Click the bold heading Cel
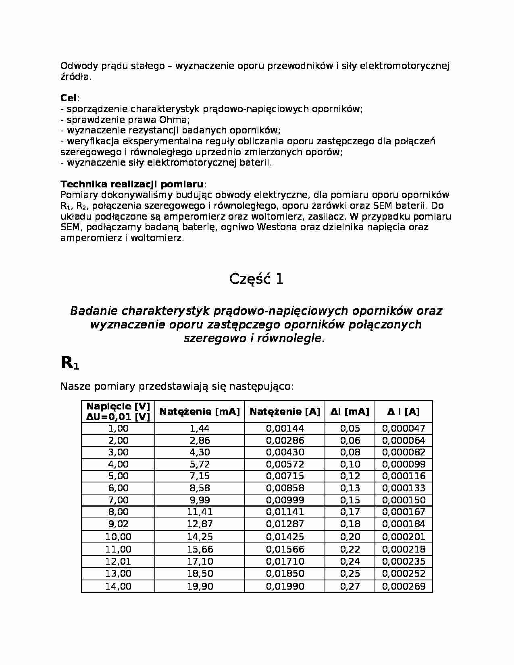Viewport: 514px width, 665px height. tap(69, 98)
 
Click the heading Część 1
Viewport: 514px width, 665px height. tap(256, 279)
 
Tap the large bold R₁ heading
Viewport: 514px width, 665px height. tap(70, 363)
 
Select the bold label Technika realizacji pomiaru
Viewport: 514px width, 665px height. tap(132, 184)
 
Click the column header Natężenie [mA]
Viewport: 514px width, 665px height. tap(200, 411)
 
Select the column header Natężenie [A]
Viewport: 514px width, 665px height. tap(285, 411)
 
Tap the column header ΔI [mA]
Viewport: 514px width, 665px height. tap(350, 411)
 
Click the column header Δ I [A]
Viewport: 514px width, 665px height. tap(403, 411)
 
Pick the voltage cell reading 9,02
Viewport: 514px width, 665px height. tap(118, 524)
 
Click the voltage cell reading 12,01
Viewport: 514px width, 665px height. tap(118, 561)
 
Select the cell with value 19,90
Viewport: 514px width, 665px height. tap(200, 586)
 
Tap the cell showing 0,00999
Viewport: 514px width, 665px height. tap(285, 500)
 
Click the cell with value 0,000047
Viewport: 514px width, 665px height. tap(403, 428)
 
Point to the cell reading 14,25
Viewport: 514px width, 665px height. tap(200, 537)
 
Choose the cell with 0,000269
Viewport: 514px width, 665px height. tap(403, 586)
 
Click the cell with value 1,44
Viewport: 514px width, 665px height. tap(200, 428)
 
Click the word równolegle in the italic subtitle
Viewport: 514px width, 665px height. tap(289, 339)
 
